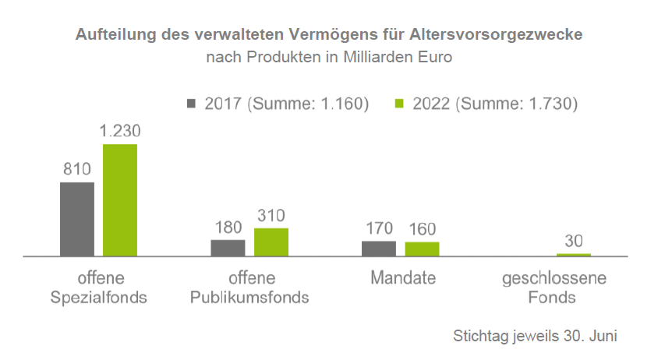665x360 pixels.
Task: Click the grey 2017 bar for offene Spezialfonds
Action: tap(77, 219)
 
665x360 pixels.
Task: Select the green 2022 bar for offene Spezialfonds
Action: tap(120, 200)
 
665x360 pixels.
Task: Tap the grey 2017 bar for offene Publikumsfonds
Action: tap(228, 248)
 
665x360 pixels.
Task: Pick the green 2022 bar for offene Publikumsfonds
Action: tap(271, 242)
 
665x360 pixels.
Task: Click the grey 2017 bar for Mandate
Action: tap(379, 248)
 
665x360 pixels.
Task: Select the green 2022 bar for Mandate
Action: tap(422, 249)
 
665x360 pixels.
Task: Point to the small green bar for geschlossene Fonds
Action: tap(573, 255)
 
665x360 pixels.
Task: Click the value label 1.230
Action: tap(120, 131)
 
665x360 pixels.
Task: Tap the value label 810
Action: tap(77, 169)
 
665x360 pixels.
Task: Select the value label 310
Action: tap(271, 215)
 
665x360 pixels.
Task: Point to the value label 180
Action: tap(228, 228)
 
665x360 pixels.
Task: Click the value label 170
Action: tap(379, 228)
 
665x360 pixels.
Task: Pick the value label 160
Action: tap(422, 229)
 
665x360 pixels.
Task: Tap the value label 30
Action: tap(574, 241)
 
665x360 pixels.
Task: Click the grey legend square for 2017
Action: tap(192, 103)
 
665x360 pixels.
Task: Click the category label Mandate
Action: tap(403, 278)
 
